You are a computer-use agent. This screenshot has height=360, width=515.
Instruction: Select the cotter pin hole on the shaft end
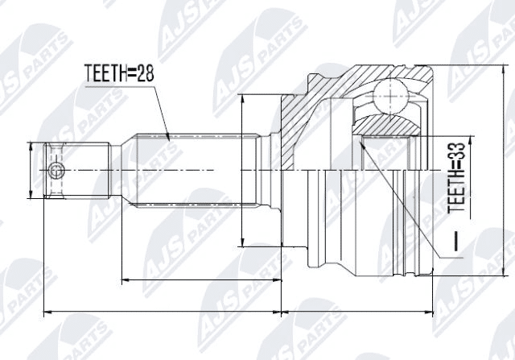coord(55,170)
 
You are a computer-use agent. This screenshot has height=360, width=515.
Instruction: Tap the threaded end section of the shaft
coord(76,170)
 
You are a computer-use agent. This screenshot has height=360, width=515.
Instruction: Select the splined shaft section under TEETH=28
coord(193,170)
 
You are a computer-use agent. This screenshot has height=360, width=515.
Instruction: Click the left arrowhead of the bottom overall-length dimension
coord(46,310)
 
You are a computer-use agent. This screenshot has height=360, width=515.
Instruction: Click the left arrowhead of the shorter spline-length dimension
coord(122,280)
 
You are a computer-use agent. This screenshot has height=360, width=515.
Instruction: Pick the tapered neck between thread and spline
coord(121,170)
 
